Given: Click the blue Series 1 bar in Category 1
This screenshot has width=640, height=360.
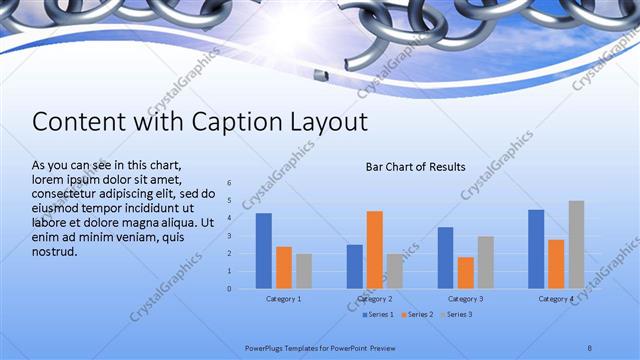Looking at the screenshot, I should click(x=264, y=251).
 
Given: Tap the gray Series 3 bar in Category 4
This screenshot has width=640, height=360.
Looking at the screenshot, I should click(x=576, y=245).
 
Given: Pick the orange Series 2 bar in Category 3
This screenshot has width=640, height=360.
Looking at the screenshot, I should click(x=466, y=273).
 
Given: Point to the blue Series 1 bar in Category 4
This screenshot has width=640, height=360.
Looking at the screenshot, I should click(x=536, y=249).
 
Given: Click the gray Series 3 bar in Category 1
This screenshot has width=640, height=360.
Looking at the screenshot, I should click(x=304, y=271).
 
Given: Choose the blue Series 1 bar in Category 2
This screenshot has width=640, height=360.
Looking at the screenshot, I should click(x=355, y=266).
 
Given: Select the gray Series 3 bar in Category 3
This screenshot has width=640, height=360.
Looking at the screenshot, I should click(x=486, y=263).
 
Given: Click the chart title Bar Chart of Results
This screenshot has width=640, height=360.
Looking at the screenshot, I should click(x=415, y=167).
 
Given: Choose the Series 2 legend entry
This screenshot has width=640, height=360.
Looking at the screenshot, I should click(x=415, y=315).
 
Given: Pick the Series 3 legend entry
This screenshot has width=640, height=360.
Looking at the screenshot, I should click(x=456, y=315).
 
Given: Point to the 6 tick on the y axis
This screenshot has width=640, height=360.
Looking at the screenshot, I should click(x=230, y=183).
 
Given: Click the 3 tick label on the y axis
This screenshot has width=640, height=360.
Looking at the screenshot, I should click(x=230, y=236).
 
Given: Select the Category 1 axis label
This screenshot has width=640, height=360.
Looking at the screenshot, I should click(x=284, y=299).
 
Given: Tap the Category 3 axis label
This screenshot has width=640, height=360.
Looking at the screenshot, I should click(x=466, y=299).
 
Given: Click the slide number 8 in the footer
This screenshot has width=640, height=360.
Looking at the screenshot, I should click(x=590, y=346).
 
